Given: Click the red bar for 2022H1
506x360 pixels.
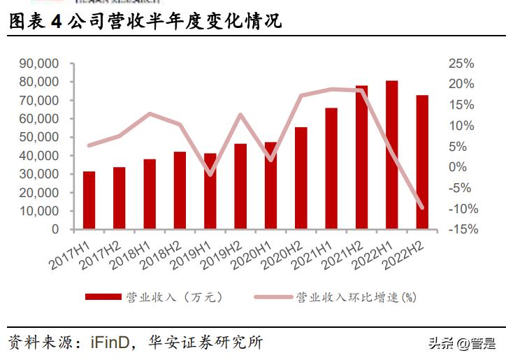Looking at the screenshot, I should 392,155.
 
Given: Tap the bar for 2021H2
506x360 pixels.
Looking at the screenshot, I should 361,157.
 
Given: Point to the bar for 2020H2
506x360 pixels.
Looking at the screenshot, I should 301,178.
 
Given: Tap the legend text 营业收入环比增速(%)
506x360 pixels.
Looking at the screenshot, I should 356,297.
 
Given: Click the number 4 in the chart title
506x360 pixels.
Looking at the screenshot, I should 56,22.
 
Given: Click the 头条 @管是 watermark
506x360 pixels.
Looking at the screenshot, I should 461,343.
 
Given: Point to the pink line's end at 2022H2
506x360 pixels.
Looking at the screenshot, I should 422,207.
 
